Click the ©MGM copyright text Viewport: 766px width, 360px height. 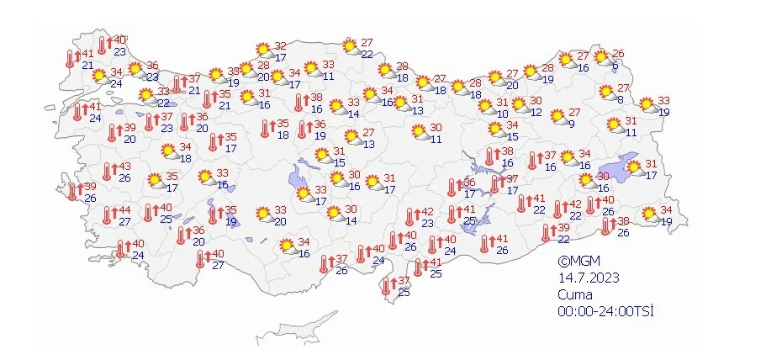580,262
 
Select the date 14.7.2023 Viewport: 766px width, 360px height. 585,278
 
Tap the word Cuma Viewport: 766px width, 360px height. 576,294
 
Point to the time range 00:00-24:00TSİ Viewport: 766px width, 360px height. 605,311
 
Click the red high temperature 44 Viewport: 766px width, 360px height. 124,210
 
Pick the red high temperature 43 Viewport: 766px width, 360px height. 124,167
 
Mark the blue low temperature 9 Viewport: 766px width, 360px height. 571,124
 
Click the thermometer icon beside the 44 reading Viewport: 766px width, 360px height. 107,215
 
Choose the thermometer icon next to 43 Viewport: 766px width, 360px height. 107,172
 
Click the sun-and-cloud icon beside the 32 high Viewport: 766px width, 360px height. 262,50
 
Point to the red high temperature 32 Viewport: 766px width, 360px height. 280,45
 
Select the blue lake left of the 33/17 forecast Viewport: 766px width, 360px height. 297,178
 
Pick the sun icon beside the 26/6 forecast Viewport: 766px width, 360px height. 602,58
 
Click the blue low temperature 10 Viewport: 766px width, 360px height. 502,114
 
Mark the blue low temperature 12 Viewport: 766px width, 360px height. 536,112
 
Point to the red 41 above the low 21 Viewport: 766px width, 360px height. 87,54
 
